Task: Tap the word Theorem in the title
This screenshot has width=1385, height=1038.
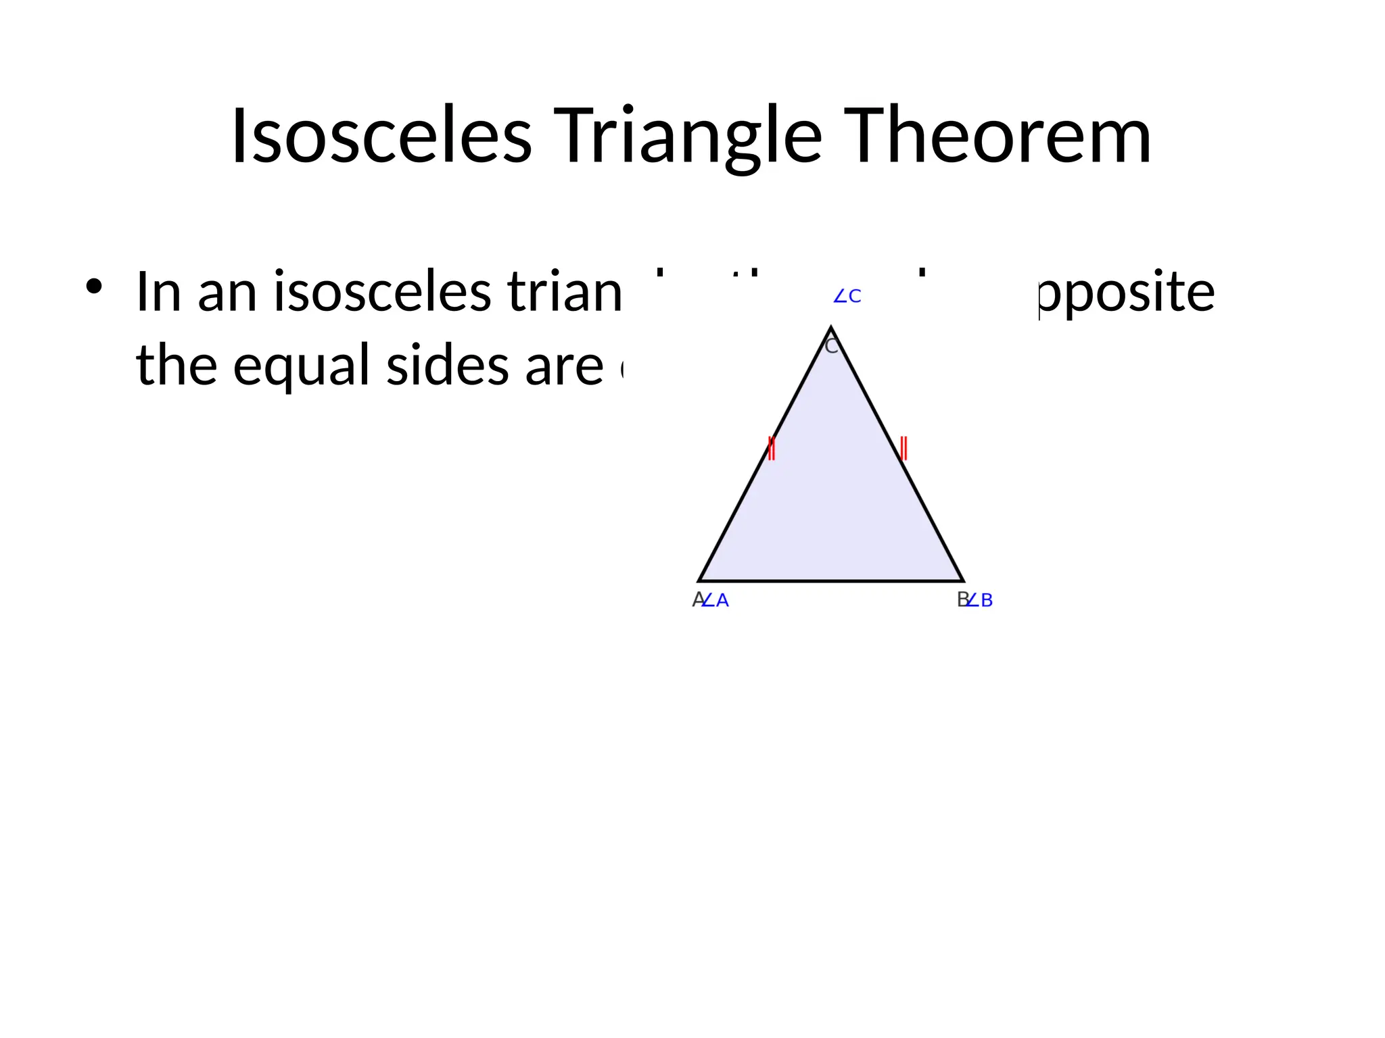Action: (997, 137)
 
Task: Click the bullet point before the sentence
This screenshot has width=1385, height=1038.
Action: (94, 287)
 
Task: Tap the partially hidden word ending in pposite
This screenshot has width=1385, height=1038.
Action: (1126, 293)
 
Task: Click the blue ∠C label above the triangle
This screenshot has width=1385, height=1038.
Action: (847, 297)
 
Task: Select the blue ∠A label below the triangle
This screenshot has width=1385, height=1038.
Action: (716, 600)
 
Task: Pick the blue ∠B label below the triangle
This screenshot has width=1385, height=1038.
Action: (980, 600)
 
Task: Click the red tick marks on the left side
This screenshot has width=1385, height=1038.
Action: (771, 448)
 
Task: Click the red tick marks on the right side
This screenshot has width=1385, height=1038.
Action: (903, 448)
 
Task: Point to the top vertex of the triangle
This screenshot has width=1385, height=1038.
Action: (831, 328)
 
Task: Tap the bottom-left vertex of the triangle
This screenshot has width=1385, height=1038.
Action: (699, 580)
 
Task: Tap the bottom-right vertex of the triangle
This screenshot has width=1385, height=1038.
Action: (962, 580)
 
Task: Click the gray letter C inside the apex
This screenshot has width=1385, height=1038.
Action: (831, 347)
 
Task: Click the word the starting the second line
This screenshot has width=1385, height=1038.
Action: (177, 366)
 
